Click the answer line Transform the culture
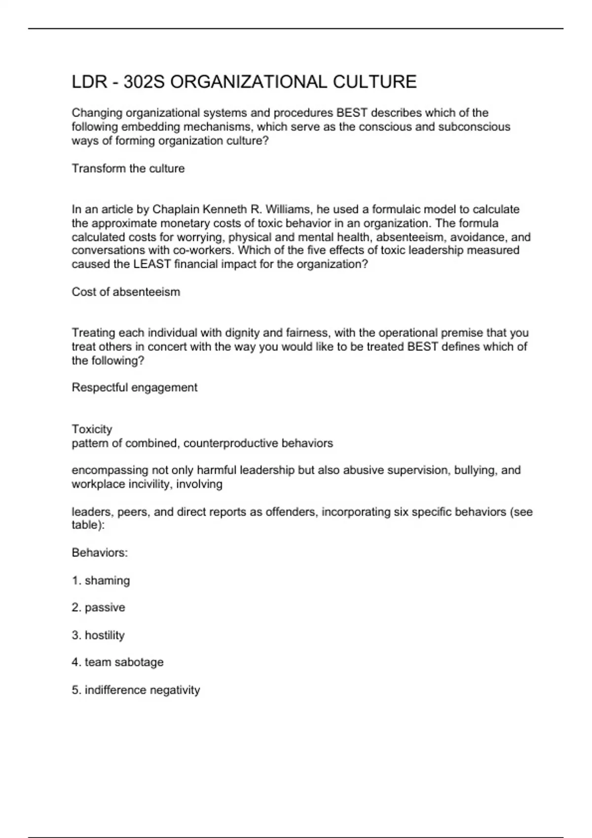coord(128,169)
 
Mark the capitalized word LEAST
coord(152,264)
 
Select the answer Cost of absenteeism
coord(126,292)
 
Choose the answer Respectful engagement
coord(134,387)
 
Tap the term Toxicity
coord(92,429)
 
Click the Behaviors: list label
coord(100,553)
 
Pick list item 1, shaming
coord(101,581)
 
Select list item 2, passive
coord(98,607)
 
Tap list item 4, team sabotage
coord(117,662)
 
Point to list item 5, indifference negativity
coord(136,690)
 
